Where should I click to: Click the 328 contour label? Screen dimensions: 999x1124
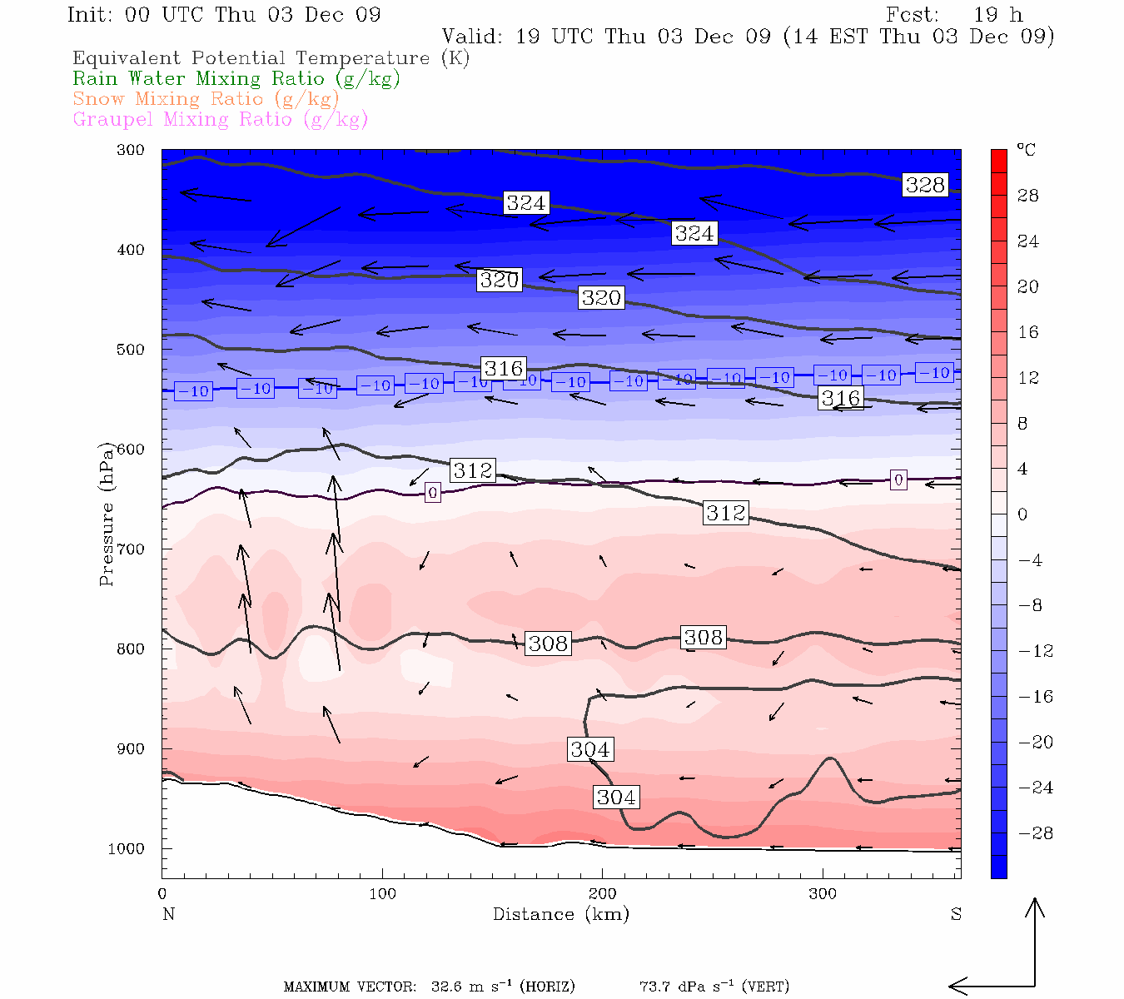coord(925,185)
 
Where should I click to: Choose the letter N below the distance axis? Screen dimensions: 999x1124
coord(168,914)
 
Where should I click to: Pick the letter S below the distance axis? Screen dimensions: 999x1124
coord(956,914)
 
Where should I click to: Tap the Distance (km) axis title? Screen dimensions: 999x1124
coord(560,914)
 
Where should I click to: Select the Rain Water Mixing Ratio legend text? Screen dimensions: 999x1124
coord(236,79)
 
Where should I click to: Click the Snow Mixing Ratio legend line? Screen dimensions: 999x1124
coord(206,99)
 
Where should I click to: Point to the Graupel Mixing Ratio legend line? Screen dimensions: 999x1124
coord(220,120)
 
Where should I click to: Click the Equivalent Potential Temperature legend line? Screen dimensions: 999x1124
coord(271,58)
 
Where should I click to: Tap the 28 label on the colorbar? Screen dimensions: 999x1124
coord(1028,196)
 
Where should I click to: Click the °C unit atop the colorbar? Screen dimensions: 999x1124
coord(1026,151)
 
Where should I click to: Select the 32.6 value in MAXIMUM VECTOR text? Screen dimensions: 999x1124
coord(446,987)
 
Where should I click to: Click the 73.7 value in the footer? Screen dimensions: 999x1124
coord(654,987)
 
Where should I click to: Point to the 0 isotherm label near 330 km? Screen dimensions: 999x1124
coord(898,480)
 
